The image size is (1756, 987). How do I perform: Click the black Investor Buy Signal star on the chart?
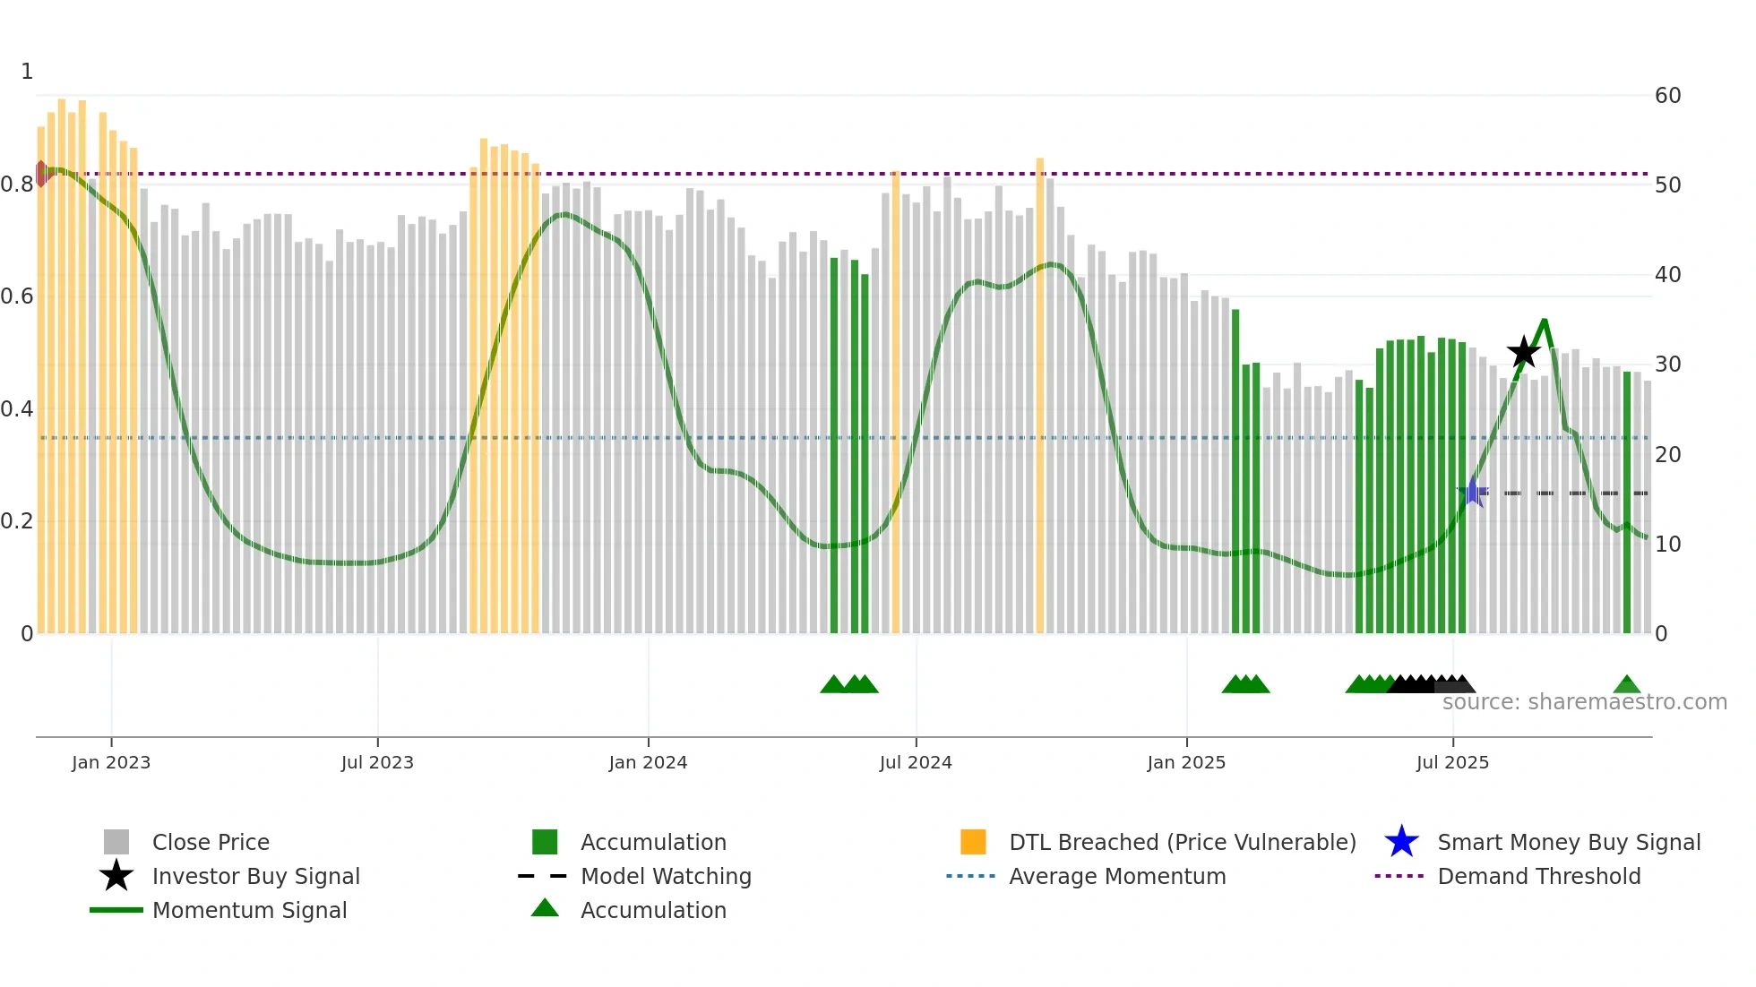click(1523, 352)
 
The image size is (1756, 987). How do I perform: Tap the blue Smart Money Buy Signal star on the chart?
click(1472, 492)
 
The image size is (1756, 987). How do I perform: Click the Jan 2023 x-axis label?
click(111, 762)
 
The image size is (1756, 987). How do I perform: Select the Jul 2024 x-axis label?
click(916, 762)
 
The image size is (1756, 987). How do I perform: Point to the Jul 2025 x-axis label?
click(1452, 762)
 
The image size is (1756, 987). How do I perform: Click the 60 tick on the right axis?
click(1667, 96)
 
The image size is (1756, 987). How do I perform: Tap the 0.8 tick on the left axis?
click(18, 185)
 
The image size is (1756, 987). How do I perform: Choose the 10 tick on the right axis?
click(1667, 545)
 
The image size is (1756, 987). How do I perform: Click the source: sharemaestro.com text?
click(1584, 702)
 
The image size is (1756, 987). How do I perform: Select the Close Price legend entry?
click(210, 842)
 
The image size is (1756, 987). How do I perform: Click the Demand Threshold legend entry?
click(1538, 876)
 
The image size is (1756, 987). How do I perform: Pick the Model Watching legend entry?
click(665, 876)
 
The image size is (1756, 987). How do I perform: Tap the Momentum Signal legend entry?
click(249, 910)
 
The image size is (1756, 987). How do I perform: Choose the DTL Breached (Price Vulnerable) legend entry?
click(1182, 842)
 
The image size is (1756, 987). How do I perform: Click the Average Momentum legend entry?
click(1116, 876)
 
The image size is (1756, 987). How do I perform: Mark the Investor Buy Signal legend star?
click(116, 876)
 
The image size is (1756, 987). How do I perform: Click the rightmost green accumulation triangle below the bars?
click(1627, 685)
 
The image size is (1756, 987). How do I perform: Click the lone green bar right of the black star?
click(1627, 502)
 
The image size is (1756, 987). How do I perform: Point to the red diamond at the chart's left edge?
click(41, 173)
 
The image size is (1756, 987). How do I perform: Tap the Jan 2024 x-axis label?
click(648, 762)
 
